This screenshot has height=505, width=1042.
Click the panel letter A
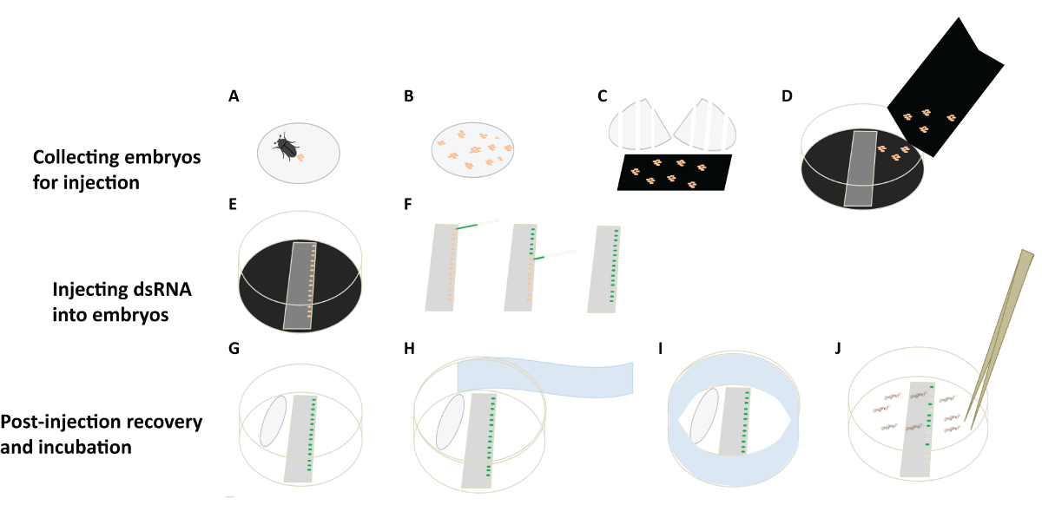click(x=234, y=96)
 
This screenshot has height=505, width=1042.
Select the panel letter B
click(x=409, y=96)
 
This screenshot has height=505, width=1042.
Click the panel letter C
click(x=603, y=96)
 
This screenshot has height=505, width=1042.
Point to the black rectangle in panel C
click(x=675, y=172)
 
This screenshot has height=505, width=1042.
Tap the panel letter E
click(x=234, y=206)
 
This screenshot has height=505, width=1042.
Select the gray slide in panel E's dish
click(x=300, y=285)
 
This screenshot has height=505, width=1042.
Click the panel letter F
click(x=408, y=206)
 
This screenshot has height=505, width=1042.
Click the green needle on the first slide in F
click(x=468, y=226)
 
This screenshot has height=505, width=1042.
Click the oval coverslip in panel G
click(x=274, y=422)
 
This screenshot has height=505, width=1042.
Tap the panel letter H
click(x=410, y=350)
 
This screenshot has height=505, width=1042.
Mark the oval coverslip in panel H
click(x=451, y=422)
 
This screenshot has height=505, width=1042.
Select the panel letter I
click(x=663, y=350)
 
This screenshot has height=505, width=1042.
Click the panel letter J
click(x=838, y=350)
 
